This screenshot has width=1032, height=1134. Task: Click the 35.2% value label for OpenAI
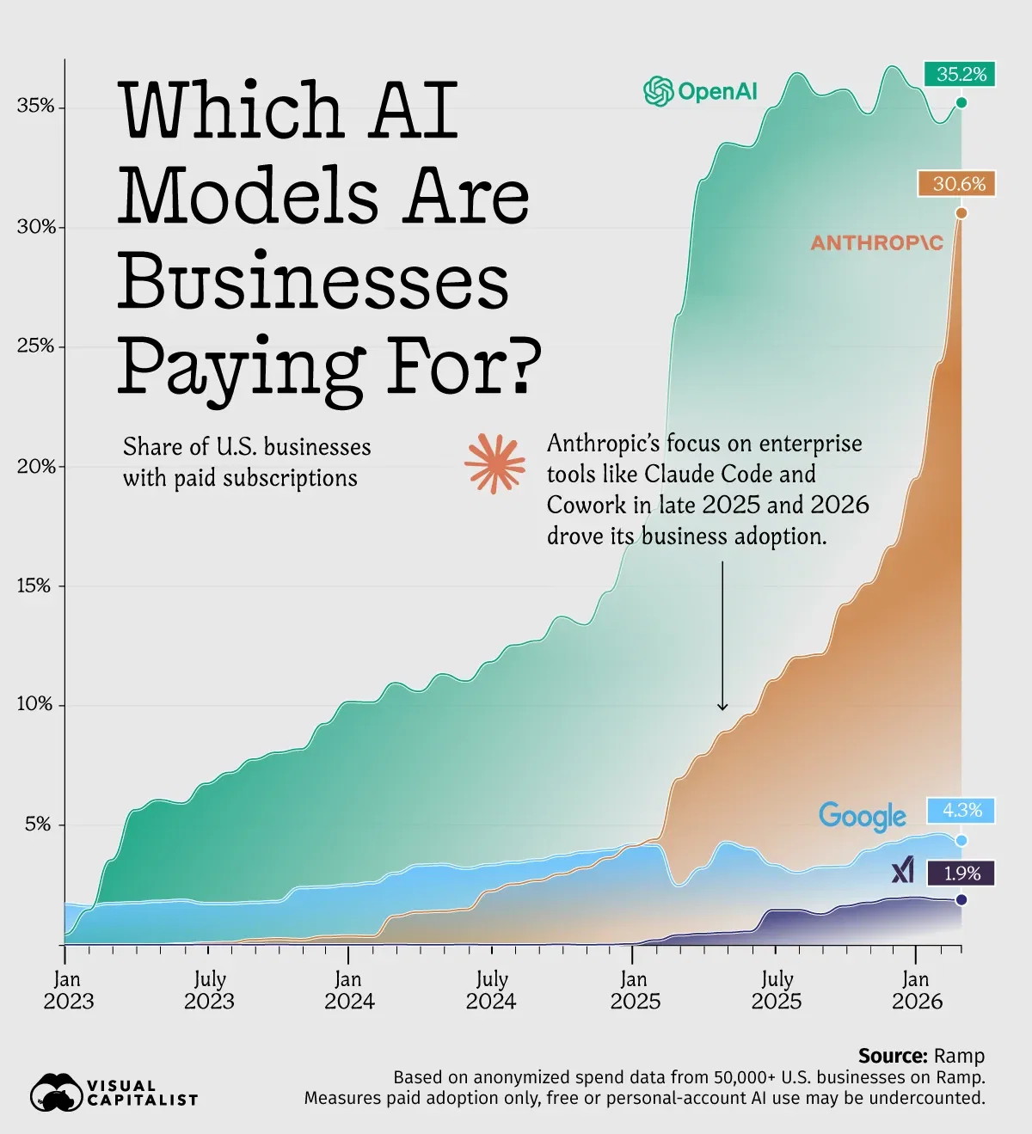(x=961, y=74)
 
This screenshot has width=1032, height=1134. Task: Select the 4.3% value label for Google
(x=961, y=810)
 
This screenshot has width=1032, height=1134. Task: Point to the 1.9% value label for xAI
(x=961, y=873)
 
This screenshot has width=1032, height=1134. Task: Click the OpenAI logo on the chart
(x=701, y=91)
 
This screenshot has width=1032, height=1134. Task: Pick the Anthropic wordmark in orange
(x=876, y=243)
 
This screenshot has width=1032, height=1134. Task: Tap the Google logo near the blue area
(x=862, y=816)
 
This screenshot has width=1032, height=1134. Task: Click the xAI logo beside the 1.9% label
(x=903, y=872)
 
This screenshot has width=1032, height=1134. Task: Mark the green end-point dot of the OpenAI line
(x=961, y=103)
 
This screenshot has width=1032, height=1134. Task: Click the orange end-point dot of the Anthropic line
(x=961, y=213)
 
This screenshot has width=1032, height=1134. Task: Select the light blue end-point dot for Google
(x=961, y=840)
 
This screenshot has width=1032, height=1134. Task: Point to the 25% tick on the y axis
(x=35, y=346)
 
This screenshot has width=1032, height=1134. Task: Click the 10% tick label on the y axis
(x=35, y=704)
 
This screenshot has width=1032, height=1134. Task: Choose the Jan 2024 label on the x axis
(x=348, y=990)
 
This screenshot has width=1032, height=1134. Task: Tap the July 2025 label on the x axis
(x=776, y=990)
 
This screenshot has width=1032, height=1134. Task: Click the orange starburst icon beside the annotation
(x=494, y=463)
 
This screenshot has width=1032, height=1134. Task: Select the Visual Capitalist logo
(x=114, y=1093)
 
